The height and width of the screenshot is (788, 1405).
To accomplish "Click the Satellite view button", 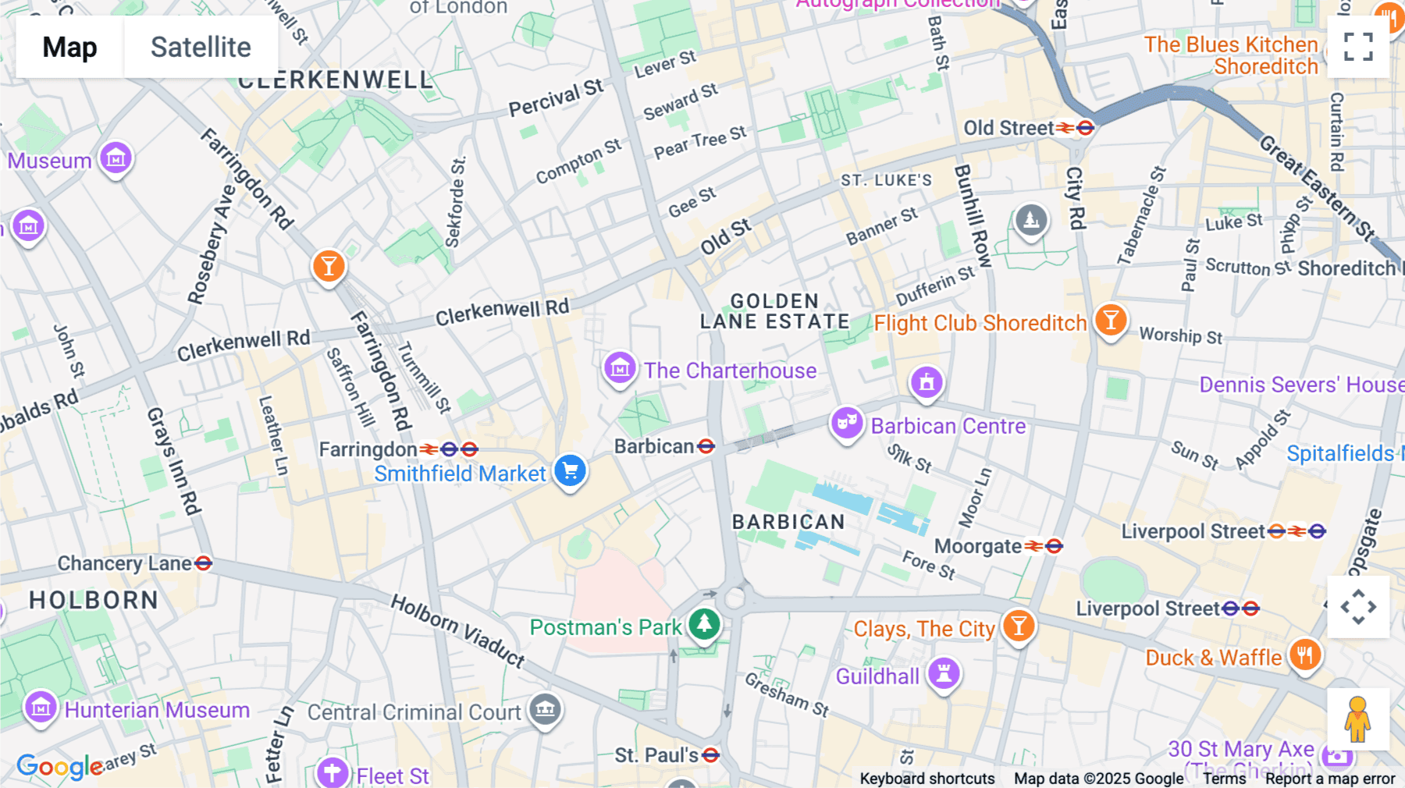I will pyautogui.click(x=201, y=47).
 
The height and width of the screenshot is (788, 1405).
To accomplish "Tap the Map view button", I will pyautogui.click(x=69, y=47).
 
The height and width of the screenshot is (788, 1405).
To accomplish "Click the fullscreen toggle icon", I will pyautogui.click(x=1357, y=47).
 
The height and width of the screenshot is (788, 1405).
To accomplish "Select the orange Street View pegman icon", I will pyautogui.click(x=1357, y=719).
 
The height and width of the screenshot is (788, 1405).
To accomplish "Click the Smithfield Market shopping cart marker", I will pyautogui.click(x=571, y=470).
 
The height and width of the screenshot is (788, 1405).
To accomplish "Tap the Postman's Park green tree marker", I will pyautogui.click(x=704, y=623).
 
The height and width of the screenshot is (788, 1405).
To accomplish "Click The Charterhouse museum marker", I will pyautogui.click(x=620, y=367).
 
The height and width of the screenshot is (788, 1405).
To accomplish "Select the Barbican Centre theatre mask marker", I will pyautogui.click(x=846, y=423).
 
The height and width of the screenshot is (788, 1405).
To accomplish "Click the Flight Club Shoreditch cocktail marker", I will pyautogui.click(x=1110, y=320).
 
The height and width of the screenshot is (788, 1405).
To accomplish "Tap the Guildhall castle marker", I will pyautogui.click(x=944, y=673).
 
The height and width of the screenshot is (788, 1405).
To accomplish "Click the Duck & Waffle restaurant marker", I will pyautogui.click(x=1304, y=655).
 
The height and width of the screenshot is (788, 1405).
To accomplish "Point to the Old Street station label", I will pyautogui.click(x=1008, y=128).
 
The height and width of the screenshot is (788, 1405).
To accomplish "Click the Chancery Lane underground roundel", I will pyautogui.click(x=204, y=563).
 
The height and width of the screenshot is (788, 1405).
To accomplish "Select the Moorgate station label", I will pyautogui.click(x=977, y=546).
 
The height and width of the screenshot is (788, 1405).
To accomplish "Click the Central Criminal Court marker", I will pyautogui.click(x=545, y=709).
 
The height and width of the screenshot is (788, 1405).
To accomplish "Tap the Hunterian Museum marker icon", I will pyautogui.click(x=41, y=707).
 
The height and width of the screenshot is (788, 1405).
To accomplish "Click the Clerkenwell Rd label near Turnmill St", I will pyautogui.click(x=502, y=311).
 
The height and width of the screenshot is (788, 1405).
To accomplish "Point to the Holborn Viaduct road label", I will pyautogui.click(x=457, y=630).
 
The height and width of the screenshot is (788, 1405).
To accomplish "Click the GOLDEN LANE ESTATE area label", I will pyautogui.click(x=774, y=311).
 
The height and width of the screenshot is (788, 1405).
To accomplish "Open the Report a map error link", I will pyautogui.click(x=1329, y=779).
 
